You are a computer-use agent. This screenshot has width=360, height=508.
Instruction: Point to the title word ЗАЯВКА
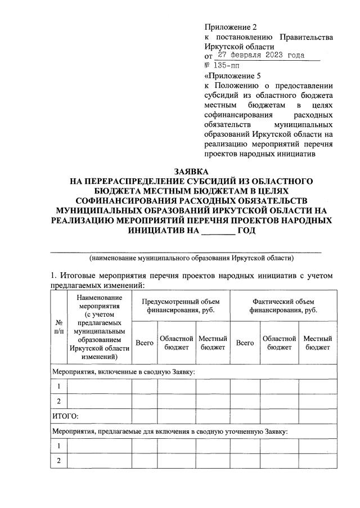click(191, 171)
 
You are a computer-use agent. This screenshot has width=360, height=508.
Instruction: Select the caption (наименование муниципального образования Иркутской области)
click(191, 258)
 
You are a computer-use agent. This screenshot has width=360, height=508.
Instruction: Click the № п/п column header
click(59, 327)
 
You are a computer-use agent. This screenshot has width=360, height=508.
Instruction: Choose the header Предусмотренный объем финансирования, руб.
click(180, 305)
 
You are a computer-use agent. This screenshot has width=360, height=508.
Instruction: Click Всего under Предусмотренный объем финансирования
click(145, 343)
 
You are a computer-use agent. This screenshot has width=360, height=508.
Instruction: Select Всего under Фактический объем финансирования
click(245, 343)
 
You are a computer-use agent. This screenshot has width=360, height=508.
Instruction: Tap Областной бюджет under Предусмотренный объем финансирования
click(177, 343)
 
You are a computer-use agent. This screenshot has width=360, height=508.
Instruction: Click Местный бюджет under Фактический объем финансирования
click(317, 343)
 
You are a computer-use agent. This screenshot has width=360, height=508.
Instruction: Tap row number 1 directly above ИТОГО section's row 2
click(59, 386)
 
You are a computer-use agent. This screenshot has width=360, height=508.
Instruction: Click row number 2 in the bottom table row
click(59, 460)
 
